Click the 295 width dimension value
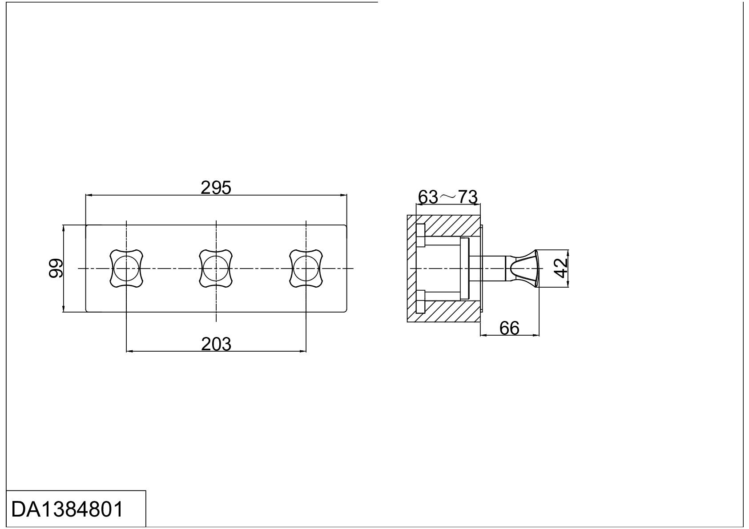pos(216,188)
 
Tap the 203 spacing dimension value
pos(216,344)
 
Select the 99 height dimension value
pos(56,269)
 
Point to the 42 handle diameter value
pos(561,268)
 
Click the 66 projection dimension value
pos(509,328)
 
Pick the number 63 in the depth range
pos(428,197)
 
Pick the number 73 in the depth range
pos(467,197)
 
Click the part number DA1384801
pos(67,509)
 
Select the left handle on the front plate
pos(126,269)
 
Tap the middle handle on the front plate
pos(216,269)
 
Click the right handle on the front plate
pos(306,269)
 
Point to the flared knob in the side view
pos(524,269)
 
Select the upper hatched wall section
pos(448,226)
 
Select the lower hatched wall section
pos(448,312)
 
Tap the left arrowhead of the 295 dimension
pos(89,195)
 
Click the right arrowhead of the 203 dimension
pos(302,351)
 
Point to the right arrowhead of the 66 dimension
pos(536,335)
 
